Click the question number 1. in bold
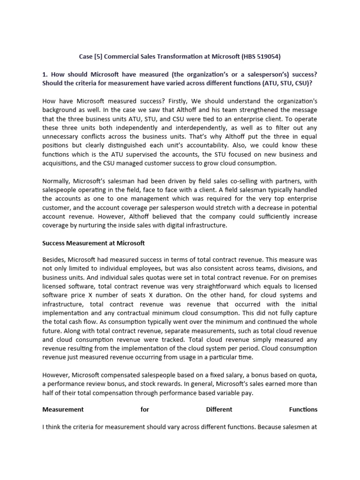click(x=45, y=74)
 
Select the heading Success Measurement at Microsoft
click(x=94, y=243)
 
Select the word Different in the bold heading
click(x=219, y=409)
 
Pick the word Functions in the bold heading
click(x=303, y=409)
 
